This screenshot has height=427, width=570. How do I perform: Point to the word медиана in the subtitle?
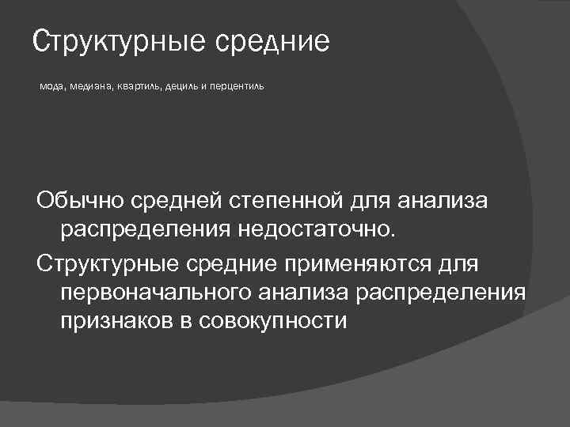tap(93, 85)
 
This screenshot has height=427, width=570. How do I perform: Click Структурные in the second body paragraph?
tap(106, 262)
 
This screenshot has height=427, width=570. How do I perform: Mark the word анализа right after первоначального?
tap(305, 292)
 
